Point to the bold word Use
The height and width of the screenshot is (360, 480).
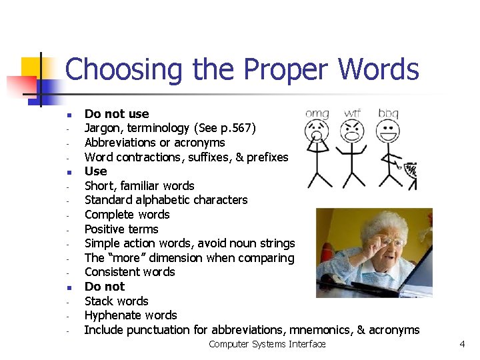(x=95, y=171)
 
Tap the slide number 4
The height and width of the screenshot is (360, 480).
(x=462, y=344)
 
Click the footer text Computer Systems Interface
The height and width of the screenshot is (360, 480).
(x=267, y=344)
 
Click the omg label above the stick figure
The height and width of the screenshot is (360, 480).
(x=317, y=114)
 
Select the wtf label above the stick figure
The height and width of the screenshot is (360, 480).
(x=352, y=113)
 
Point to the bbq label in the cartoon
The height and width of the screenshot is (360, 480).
(x=388, y=114)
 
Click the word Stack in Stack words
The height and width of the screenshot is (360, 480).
(x=100, y=301)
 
